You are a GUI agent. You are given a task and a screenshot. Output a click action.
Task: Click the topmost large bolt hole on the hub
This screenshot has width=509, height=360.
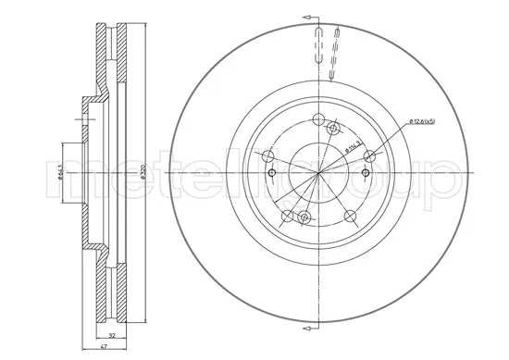tap(319, 119)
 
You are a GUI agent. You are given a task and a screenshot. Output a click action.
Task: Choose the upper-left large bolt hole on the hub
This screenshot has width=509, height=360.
tap(269, 155)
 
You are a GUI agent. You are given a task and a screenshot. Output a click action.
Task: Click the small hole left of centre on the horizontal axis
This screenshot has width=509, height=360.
tap(270, 173)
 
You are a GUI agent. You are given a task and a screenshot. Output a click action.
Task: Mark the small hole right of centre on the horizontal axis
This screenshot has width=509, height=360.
tap(367, 173)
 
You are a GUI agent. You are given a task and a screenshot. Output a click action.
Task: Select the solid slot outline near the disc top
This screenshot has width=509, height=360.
tap(318, 45)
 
